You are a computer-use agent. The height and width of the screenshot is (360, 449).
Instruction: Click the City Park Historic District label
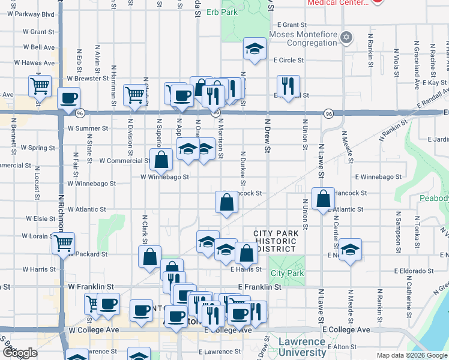click(x=275, y=241)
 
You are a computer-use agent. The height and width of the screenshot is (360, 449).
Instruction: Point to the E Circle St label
click(x=287, y=61)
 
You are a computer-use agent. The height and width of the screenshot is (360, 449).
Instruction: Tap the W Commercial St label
click(x=124, y=161)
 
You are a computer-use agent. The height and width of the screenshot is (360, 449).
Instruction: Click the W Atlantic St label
click(x=87, y=210)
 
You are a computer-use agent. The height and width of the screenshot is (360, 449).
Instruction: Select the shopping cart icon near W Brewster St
click(x=40, y=86)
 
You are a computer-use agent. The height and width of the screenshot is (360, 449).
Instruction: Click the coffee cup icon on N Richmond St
click(x=68, y=98)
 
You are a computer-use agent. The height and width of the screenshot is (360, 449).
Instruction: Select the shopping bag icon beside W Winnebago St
click(x=161, y=159)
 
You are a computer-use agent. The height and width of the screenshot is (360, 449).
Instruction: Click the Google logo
click(x=20, y=353)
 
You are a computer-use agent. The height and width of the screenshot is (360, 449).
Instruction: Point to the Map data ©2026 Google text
click(x=412, y=355)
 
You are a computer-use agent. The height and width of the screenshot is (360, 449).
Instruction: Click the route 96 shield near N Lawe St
click(x=327, y=113)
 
